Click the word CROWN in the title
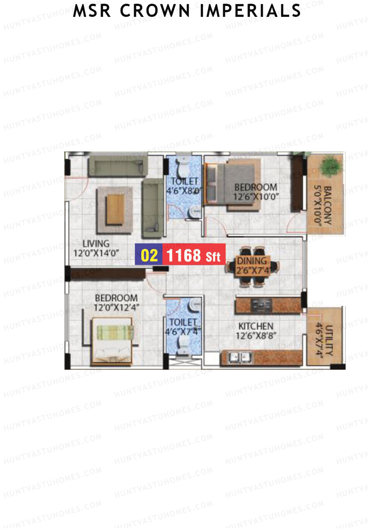pos(155,11)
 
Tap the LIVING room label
pos(96,244)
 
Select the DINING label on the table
pos(252,261)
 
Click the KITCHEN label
pos(256,326)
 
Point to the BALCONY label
pos(327,205)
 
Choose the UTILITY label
pos(329,340)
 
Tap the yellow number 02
pos(149,255)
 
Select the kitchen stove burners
pos(261,305)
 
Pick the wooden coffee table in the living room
pos(115,209)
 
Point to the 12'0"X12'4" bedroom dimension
pos(116,308)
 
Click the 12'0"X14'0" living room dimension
pos(96,253)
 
